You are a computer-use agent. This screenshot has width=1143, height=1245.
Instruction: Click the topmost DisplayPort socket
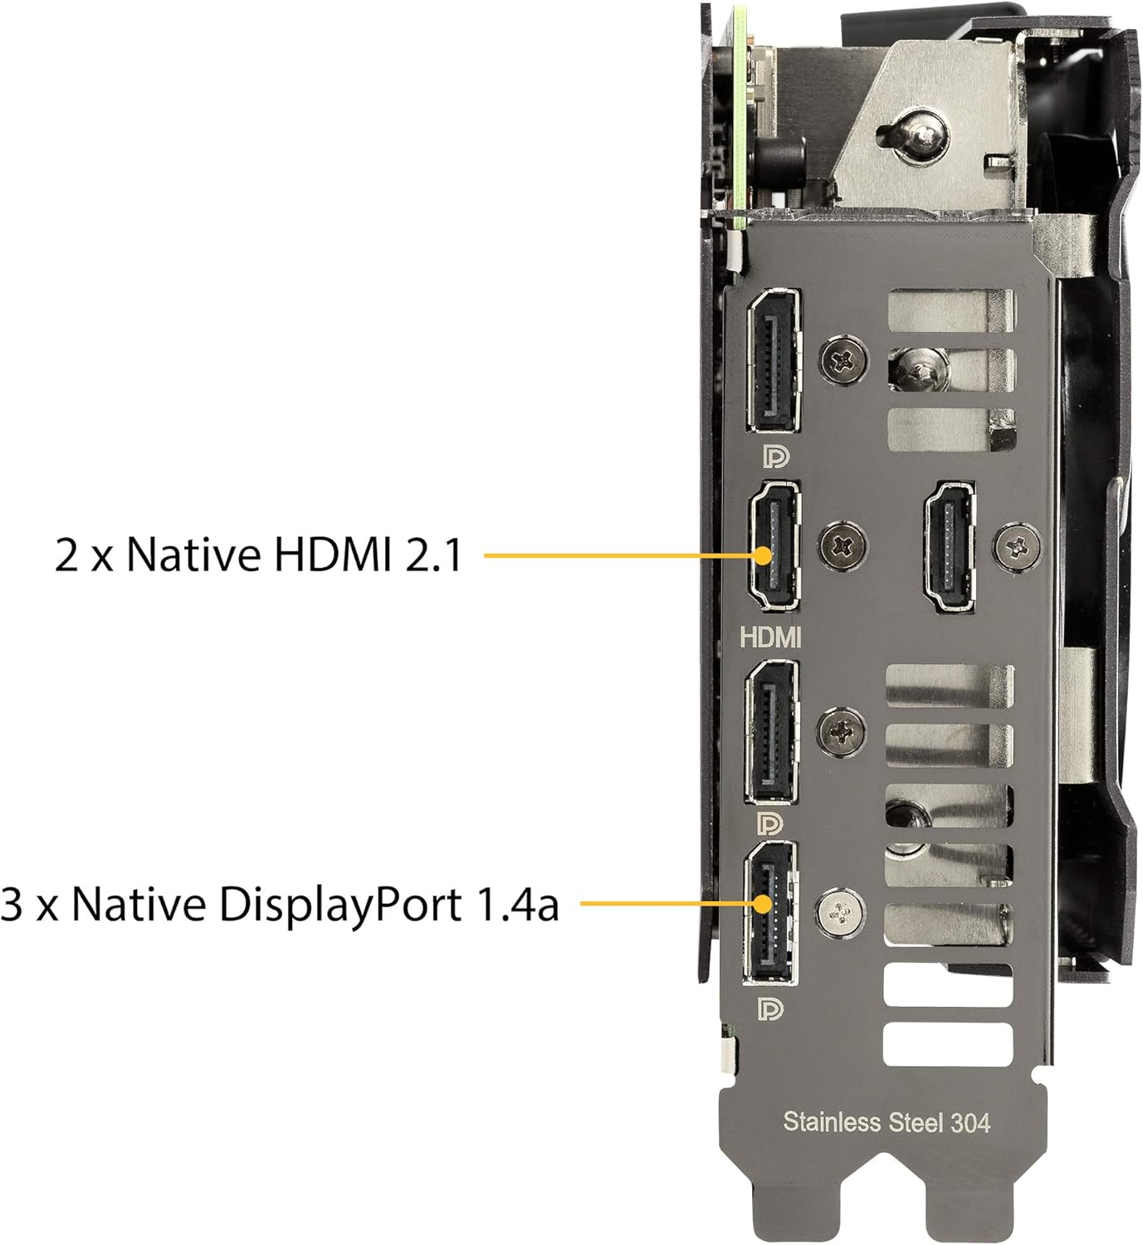coord(774,360)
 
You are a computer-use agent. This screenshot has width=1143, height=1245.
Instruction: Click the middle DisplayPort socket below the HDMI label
coord(772,731)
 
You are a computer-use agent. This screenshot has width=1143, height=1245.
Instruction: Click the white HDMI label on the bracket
coord(770,637)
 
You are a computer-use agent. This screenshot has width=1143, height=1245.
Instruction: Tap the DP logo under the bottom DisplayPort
coord(770,1009)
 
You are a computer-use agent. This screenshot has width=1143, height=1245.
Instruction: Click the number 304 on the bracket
coord(970,1123)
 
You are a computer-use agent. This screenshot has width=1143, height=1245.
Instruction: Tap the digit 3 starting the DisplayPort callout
coord(12,904)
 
